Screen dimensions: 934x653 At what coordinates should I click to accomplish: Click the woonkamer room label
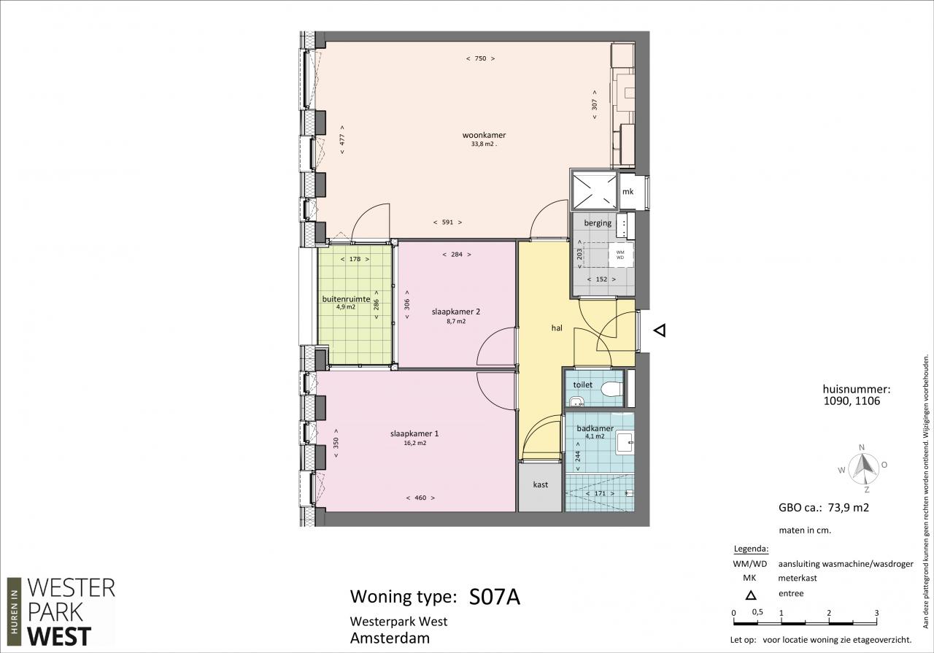pyautogui.click(x=484, y=135)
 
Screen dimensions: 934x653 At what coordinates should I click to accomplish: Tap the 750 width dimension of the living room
pyautogui.click(x=480, y=59)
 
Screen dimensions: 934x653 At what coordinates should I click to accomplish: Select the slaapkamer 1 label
pyautogui.click(x=414, y=433)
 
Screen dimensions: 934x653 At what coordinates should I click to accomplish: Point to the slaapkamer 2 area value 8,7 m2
pyautogui.click(x=456, y=321)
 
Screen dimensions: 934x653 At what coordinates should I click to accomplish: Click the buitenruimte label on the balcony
pyautogui.click(x=346, y=299)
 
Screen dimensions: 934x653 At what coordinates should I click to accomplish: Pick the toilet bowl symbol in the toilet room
pyautogui.click(x=612, y=389)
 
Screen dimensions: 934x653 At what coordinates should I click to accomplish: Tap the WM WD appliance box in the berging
pyautogui.click(x=620, y=255)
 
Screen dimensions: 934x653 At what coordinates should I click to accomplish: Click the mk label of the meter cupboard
pyautogui.click(x=628, y=191)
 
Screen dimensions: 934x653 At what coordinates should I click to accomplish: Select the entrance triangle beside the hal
pyautogui.click(x=660, y=331)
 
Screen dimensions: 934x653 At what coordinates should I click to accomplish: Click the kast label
pyautogui.click(x=541, y=484)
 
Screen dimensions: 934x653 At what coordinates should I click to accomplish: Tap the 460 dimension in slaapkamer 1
pyautogui.click(x=420, y=498)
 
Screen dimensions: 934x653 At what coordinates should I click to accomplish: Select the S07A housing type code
pyautogui.click(x=495, y=597)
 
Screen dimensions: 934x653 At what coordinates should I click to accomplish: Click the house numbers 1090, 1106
pyautogui.click(x=852, y=401)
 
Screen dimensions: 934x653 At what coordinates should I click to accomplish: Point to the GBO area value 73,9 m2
pyautogui.click(x=848, y=508)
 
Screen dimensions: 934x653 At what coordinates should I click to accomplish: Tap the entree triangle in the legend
pyautogui.click(x=751, y=595)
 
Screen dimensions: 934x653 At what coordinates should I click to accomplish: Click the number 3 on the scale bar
pyautogui.click(x=876, y=613)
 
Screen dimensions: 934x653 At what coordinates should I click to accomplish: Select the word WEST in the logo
pyautogui.click(x=59, y=636)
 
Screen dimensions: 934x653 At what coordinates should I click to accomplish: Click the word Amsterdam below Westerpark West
pyautogui.click(x=390, y=638)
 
